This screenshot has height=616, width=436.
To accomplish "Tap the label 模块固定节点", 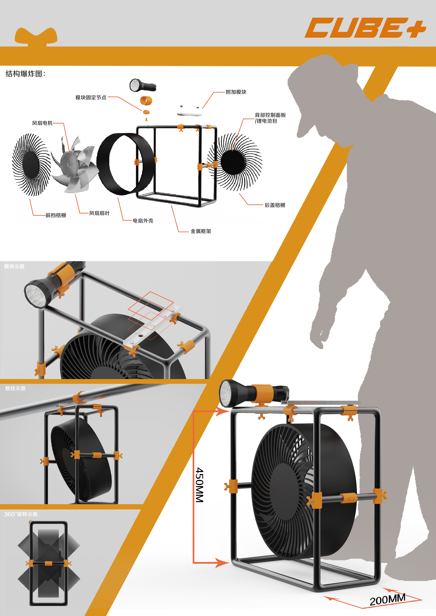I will click(91, 97).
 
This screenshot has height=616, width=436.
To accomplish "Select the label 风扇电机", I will click(42, 123).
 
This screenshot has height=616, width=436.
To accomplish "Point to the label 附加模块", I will click(236, 92).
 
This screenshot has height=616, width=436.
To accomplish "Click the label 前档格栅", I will click(56, 215).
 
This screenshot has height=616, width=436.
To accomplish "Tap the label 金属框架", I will click(201, 231).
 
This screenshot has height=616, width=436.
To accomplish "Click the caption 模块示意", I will click(14, 266).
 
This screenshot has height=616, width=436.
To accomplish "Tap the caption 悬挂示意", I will click(15, 388).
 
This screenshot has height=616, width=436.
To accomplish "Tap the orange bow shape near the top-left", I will click(36, 36).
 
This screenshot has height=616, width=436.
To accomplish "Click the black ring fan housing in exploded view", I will click(125, 164).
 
